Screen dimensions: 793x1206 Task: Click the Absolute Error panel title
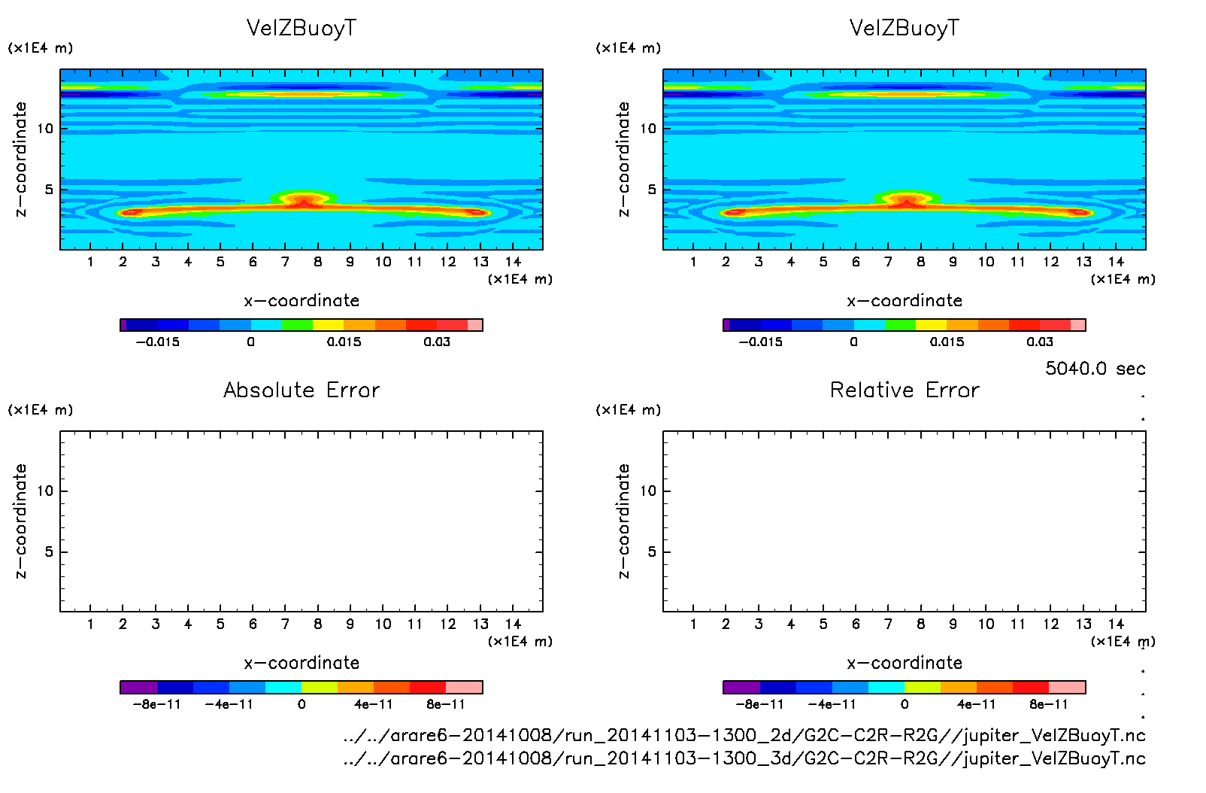coord(301,390)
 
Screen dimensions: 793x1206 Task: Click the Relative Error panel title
coord(904,390)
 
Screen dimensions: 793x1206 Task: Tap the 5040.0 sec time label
coord(1095,369)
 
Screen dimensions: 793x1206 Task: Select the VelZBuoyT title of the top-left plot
coord(301,28)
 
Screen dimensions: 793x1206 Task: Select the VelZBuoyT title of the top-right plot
coord(904,28)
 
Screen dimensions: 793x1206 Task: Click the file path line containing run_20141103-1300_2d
coord(744,735)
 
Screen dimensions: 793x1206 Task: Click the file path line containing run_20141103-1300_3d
coord(744,758)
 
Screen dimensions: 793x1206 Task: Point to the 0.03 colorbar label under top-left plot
coord(437,342)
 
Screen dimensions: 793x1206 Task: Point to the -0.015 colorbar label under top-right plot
coord(760,342)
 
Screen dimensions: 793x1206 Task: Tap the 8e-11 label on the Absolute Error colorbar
coord(446,704)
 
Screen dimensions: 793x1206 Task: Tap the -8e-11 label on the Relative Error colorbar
coord(759,704)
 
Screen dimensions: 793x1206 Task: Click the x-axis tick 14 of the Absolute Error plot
coord(513,624)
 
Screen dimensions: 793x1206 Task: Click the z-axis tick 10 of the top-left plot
coord(45,129)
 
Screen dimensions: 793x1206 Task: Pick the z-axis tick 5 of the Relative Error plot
coord(652,551)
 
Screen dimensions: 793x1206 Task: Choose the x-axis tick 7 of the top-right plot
coord(888,262)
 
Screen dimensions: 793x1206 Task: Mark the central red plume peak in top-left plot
coord(302,202)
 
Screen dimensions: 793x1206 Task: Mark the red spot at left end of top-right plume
coord(733,212)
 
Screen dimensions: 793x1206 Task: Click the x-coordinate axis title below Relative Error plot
coord(904,663)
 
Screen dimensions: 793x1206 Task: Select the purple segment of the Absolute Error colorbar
coord(138,687)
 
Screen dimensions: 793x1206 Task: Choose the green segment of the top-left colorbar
coord(297,325)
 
